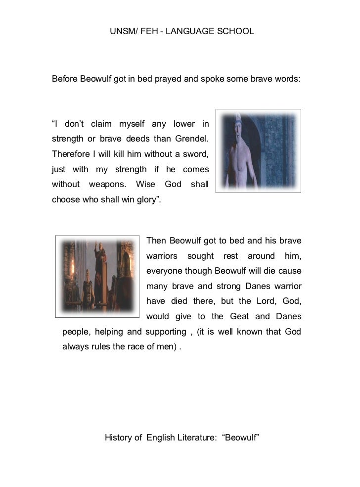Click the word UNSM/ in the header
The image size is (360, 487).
click(x=121, y=31)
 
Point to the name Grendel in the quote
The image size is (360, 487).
click(x=191, y=138)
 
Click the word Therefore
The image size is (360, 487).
click(x=70, y=153)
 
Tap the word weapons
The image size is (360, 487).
click(x=107, y=185)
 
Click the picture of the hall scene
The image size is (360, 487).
click(x=98, y=277)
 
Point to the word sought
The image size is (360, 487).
click(x=200, y=256)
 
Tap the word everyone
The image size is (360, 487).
click(x=164, y=271)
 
